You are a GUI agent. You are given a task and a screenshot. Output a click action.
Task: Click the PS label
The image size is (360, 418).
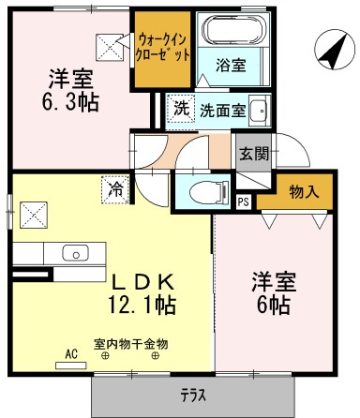243,201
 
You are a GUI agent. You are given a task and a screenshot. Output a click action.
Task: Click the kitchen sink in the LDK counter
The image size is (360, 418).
74,252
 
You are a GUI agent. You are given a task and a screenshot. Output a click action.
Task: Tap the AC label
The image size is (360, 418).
70,355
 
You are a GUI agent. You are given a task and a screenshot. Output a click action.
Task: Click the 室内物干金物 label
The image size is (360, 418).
130,343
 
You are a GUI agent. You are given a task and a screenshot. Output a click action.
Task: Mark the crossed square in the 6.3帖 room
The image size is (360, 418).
109,43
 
